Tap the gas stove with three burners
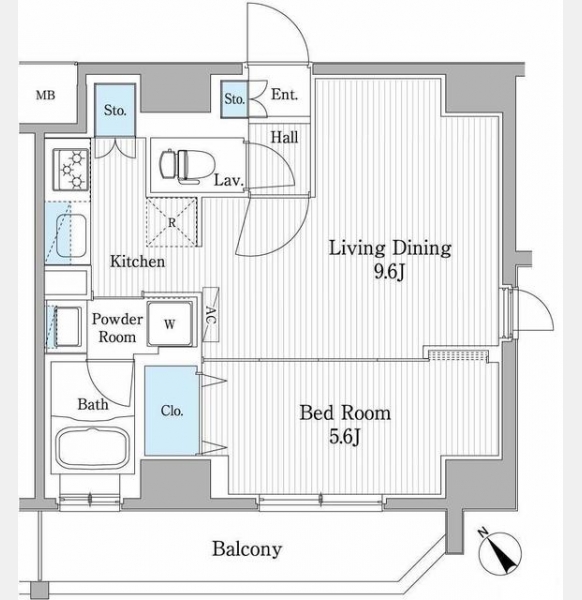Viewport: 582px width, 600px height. (x=71, y=169)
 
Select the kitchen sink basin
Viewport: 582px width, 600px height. (x=71, y=236)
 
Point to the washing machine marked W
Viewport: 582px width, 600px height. (x=170, y=324)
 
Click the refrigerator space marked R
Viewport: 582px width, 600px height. (x=172, y=222)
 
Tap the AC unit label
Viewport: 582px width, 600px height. (x=211, y=315)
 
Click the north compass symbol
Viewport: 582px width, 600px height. (x=499, y=553)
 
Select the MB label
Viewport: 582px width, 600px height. (x=46, y=95)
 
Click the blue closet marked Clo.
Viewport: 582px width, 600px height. (x=172, y=411)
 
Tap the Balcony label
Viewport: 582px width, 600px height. (x=247, y=549)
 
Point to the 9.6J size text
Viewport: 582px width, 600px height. (x=389, y=273)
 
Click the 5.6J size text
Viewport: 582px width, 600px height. (x=344, y=437)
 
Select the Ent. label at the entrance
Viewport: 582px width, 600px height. (x=284, y=95)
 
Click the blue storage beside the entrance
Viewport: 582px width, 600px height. (x=234, y=99)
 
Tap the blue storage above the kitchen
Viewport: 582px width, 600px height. (x=115, y=110)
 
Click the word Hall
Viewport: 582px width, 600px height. (x=284, y=137)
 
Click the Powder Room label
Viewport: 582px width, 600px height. (x=117, y=328)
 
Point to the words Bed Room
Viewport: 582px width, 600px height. (x=345, y=413)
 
